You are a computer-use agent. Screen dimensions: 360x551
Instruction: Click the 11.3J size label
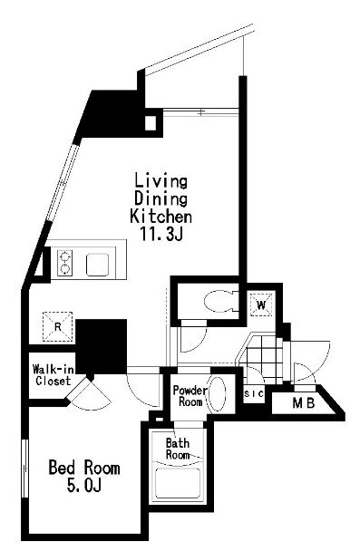tap(161, 234)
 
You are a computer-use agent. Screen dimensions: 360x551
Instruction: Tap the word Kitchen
tap(161, 216)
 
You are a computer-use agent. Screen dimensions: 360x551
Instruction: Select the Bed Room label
tap(84, 468)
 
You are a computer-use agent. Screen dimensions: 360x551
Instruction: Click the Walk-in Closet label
tap(54, 375)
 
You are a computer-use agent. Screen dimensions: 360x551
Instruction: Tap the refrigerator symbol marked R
tap(58, 327)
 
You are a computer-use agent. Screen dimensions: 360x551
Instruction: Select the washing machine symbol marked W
tap(261, 304)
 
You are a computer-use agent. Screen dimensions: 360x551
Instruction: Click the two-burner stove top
tap(64, 263)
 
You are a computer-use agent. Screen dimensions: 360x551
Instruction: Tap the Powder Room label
tap(190, 396)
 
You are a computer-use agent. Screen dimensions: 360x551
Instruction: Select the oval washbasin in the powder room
tap(217, 394)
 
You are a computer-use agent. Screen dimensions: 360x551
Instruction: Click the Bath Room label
tap(178, 449)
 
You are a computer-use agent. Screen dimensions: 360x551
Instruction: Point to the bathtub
tap(178, 483)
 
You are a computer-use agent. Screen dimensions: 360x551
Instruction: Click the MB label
tap(304, 403)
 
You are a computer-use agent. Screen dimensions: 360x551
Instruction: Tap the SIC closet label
tap(254, 394)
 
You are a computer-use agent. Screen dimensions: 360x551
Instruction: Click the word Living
tap(161, 181)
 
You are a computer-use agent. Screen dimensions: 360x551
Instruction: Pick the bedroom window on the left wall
tap(24, 468)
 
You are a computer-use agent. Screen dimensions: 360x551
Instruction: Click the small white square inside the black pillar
tap(151, 122)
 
